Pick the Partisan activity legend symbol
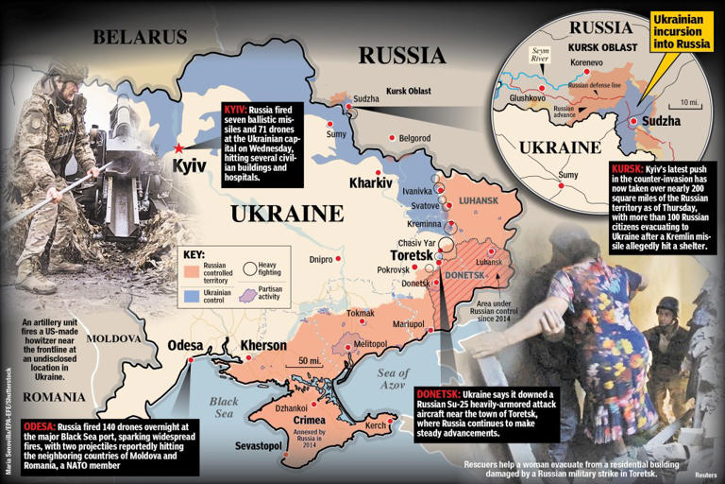pyautogui.click(x=249, y=294)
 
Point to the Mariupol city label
pyautogui.click(x=408, y=323)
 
